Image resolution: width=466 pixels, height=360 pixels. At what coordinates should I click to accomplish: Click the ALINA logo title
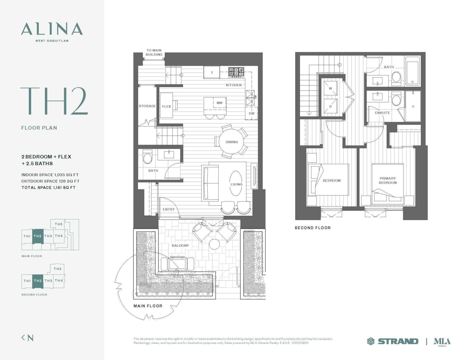coord(52,29)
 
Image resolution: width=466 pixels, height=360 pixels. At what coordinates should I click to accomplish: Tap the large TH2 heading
coord(54,101)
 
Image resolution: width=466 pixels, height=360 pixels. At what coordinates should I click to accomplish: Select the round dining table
coord(231,141)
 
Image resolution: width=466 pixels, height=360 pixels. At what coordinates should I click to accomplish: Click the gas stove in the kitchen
coord(236,72)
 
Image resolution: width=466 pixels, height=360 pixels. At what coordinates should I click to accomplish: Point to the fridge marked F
coord(212,72)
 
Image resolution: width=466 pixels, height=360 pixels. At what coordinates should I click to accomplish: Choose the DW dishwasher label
coord(252,113)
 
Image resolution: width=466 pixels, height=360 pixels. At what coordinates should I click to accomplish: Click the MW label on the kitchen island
coord(219,103)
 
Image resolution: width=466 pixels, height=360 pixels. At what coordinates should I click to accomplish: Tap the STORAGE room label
coord(147,106)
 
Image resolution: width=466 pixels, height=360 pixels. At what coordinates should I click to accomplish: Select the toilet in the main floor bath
coord(147,157)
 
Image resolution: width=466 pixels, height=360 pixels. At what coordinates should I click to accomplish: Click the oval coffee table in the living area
coord(236,183)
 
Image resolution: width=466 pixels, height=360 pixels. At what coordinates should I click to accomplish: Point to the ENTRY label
coord(169,209)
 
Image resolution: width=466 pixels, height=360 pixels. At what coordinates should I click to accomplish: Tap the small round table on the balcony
coord(214,244)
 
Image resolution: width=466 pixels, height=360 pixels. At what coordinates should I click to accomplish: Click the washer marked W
coord(330,88)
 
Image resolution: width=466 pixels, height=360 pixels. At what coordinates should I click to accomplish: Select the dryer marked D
coord(330,106)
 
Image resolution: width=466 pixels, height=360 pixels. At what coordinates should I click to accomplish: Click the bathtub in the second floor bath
coord(412,71)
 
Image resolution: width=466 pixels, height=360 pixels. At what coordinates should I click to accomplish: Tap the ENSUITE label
coord(383,113)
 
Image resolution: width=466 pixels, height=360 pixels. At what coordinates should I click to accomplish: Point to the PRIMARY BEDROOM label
coord(388,180)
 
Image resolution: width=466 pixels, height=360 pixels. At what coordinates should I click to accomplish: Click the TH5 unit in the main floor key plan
coord(58,224)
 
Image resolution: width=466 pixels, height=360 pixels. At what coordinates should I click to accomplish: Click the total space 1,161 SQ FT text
coord(49,188)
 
